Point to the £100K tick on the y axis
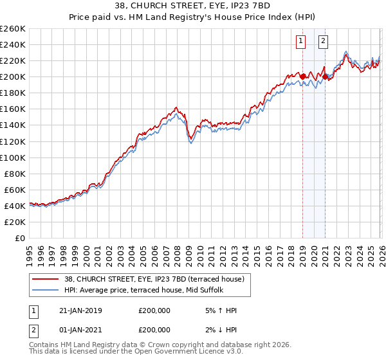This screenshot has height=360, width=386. (13, 157)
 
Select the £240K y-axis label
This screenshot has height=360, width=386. (13, 44)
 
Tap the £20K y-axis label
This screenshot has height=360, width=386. (15, 222)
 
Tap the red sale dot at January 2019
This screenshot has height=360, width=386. (303, 76)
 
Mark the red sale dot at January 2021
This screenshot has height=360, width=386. (326, 76)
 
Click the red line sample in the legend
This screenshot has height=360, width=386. (45, 280)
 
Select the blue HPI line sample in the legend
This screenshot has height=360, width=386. (45, 291)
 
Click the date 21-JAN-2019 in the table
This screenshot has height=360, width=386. (80, 311)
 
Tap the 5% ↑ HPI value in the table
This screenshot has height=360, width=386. (219, 311)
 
